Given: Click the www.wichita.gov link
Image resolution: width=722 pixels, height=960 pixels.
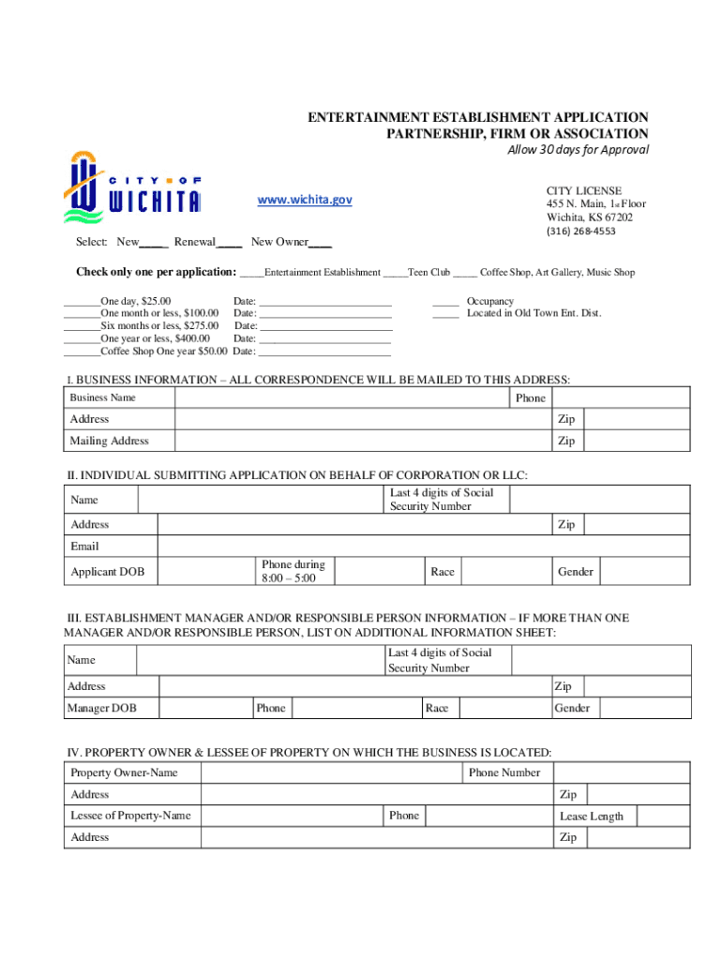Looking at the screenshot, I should tap(305, 201).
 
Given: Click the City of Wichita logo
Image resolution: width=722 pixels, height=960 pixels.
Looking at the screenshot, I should tap(131, 187).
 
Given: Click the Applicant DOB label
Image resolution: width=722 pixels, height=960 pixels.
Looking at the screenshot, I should tap(107, 572).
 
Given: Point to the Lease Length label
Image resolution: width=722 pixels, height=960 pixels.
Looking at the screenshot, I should tap(591, 817).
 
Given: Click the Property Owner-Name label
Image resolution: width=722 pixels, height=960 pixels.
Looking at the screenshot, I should tap(124, 773).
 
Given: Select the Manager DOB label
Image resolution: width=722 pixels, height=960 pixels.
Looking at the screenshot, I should tap(101, 709).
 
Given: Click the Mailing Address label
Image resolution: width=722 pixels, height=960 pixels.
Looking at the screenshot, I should tap(109, 441).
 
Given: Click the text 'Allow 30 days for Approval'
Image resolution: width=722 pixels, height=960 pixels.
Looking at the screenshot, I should tap(578, 150).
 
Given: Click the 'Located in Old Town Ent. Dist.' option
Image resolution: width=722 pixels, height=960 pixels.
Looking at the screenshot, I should tap(534, 313).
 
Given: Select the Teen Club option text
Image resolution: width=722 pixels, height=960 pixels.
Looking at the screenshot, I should tap(429, 273).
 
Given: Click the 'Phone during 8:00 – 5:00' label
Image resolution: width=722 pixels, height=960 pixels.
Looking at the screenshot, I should tap(293, 571).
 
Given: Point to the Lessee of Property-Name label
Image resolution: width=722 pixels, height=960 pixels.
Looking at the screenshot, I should tap(130, 816).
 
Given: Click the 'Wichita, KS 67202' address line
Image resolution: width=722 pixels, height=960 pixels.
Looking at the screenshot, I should tap(590, 217).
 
